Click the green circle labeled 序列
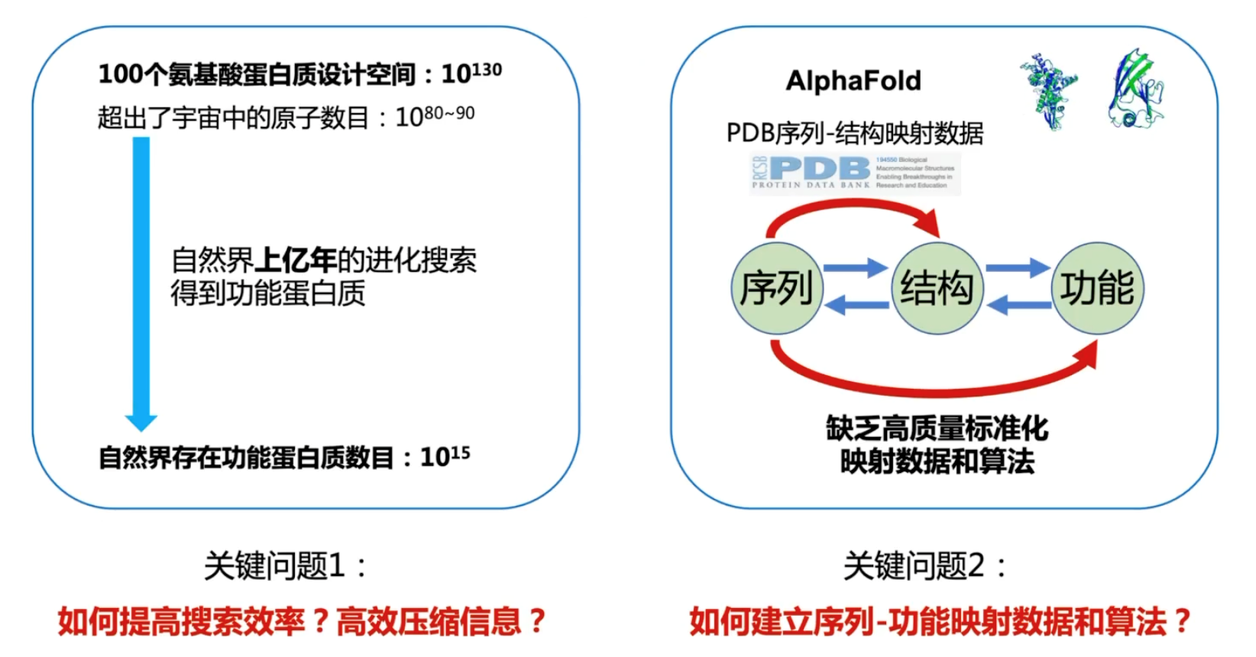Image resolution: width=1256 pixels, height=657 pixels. [x=776, y=289]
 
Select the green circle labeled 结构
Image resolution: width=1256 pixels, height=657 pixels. [x=937, y=289]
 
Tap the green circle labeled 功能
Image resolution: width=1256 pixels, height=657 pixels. [x=1098, y=289]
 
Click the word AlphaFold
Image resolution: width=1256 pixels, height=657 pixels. [x=853, y=81]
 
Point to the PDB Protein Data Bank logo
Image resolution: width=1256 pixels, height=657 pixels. [x=853, y=173]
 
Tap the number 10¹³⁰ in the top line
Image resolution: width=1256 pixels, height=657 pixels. [x=471, y=73]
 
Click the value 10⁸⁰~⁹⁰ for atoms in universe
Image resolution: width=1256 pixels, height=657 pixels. [x=435, y=117]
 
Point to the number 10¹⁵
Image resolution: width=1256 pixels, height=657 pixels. [x=445, y=457]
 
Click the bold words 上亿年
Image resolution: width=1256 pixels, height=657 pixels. [x=295, y=261]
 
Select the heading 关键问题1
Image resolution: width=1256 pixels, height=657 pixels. [x=284, y=566]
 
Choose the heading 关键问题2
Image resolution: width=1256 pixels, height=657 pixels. [x=924, y=566]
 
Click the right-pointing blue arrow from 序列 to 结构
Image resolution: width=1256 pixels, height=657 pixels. [x=856, y=268]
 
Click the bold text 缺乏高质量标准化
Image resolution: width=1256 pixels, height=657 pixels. [x=937, y=429]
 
